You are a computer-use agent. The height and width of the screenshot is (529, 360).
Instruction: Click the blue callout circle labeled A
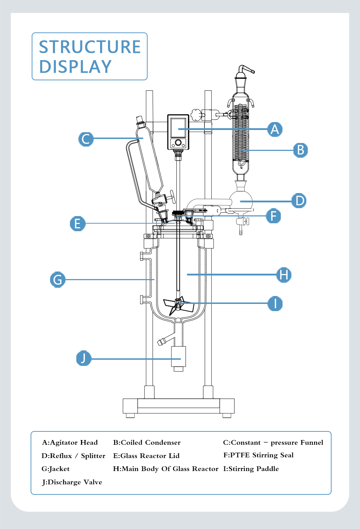point(275,129)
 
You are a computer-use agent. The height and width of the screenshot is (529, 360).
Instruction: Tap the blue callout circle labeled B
point(300,150)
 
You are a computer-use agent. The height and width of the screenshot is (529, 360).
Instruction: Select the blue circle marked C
point(86,139)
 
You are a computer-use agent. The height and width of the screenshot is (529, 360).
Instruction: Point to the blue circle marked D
point(299,201)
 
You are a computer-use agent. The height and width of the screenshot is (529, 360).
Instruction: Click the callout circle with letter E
point(77,223)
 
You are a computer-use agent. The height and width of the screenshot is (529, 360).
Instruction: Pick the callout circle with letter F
point(273,216)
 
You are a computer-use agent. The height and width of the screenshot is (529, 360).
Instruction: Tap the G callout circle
point(58,279)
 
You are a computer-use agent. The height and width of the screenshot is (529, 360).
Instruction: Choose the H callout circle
point(284,275)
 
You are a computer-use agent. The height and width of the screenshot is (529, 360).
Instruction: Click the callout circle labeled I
point(275,304)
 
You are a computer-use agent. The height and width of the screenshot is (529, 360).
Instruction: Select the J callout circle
point(84,358)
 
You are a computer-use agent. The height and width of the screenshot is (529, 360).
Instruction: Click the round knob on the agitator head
point(178,143)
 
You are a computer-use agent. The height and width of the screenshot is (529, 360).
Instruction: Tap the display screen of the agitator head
point(178,128)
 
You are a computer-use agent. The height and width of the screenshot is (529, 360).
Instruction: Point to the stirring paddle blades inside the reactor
point(179,306)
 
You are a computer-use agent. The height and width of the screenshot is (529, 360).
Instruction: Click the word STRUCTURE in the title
point(90,47)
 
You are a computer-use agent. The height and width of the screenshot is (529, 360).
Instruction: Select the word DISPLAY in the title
point(75,67)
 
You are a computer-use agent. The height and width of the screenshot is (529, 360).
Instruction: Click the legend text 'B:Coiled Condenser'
point(147,442)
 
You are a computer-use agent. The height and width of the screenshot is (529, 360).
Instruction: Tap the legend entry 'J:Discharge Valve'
point(72,482)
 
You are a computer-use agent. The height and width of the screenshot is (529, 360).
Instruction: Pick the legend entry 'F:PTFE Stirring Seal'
point(258,455)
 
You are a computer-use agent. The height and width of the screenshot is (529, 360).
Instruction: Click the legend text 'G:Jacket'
point(55,469)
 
